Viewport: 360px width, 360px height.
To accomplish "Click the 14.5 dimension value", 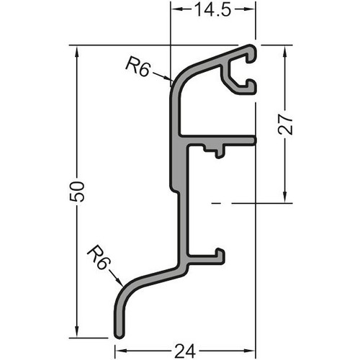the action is pyautogui.click(x=213, y=10).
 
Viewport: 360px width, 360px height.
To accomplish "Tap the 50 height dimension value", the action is pyautogui.click(x=77, y=192).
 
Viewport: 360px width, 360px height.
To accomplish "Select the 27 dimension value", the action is pyautogui.click(x=285, y=125).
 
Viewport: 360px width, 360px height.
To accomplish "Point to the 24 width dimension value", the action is pyautogui.click(x=185, y=351).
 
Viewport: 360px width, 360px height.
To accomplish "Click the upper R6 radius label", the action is pyautogui.click(x=138, y=66).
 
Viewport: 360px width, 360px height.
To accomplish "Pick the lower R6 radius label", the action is pyautogui.click(x=98, y=257).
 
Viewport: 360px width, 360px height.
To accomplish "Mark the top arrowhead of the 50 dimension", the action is pyautogui.click(x=77, y=51).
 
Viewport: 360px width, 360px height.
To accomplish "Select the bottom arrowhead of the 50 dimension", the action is pyautogui.click(x=77, y=332).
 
